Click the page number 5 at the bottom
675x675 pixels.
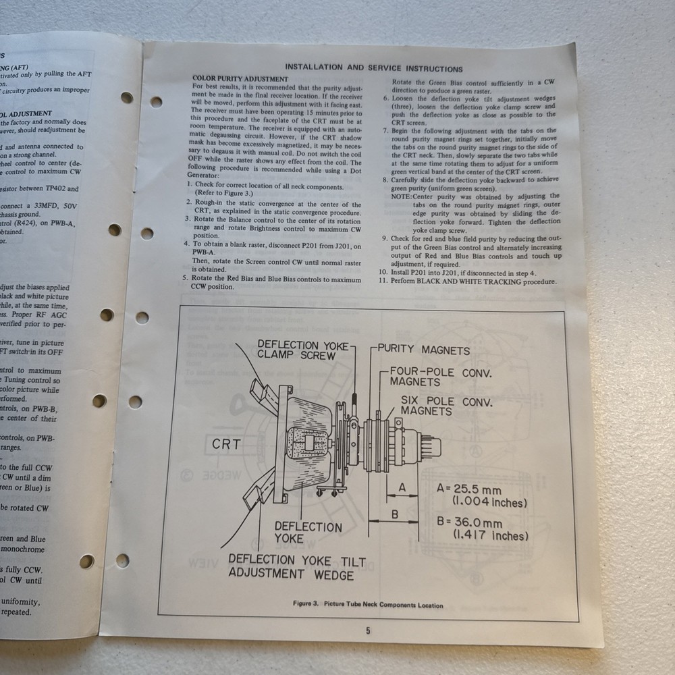coord(368,631)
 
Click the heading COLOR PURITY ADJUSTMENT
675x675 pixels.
coord(240,79)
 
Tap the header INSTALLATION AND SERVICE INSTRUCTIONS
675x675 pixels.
coord(373,68)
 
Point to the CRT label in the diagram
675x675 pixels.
coord(226,444)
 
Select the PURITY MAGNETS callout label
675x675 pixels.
coord(423,350)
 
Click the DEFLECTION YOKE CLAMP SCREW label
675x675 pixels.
coord(302,350)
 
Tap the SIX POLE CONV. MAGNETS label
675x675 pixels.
coord(446,406)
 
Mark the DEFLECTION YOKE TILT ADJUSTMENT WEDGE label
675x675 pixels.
coord(290,567)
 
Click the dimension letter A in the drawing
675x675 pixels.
coord(402,487)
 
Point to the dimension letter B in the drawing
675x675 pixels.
coord(396,514)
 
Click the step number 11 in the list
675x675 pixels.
coord(382,281)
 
